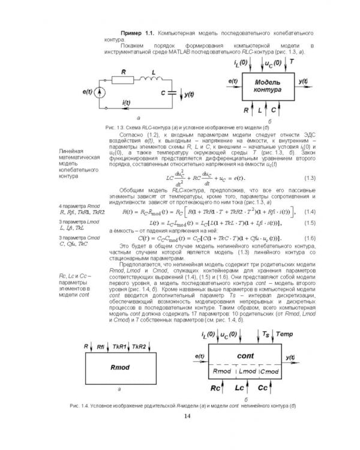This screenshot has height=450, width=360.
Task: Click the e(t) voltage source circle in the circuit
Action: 101,92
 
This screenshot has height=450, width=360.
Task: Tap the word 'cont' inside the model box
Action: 247,356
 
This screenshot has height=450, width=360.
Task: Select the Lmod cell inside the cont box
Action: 247,372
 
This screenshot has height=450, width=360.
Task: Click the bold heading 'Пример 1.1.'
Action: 138,31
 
